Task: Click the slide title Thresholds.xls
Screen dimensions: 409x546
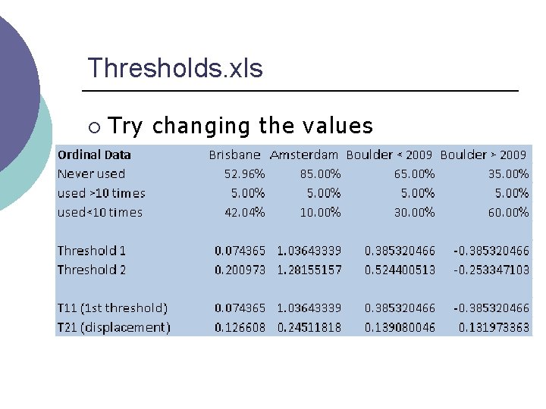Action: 175,68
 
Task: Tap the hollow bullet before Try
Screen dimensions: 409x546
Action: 93,125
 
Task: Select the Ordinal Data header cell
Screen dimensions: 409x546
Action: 94,155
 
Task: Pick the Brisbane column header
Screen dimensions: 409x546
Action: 235,155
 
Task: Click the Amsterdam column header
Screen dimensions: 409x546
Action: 304,155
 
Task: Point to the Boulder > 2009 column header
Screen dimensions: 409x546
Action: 484,155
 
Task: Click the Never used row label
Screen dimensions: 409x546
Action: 91,173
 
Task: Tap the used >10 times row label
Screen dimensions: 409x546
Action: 102,193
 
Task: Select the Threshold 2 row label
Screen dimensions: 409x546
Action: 92,270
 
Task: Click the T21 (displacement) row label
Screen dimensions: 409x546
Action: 114,327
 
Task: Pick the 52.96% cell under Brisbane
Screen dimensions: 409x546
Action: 245,173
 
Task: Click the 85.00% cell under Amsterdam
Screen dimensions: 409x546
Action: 321,173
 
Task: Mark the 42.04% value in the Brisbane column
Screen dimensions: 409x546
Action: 245,212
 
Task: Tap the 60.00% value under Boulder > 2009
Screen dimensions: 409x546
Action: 508,212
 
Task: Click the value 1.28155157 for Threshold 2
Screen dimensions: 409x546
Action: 309,270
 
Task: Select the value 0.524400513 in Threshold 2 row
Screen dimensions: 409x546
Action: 400,270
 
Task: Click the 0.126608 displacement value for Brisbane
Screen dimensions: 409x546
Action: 240,327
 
